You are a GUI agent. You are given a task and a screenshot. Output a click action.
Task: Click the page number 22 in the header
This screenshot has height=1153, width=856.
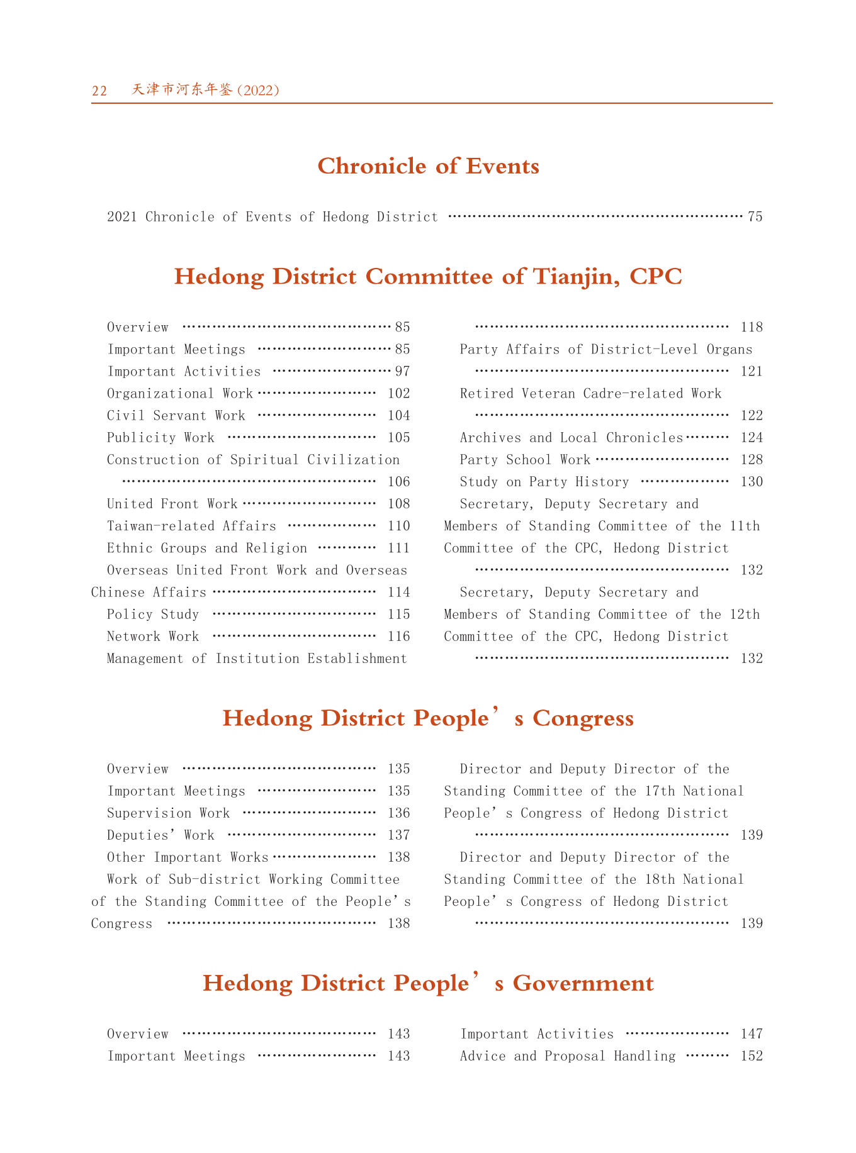pos(99,91)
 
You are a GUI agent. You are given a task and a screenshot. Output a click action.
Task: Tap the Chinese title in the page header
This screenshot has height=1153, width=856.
pos(205,90)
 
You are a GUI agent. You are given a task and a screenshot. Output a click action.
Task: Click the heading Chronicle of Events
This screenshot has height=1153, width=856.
pos(428,166)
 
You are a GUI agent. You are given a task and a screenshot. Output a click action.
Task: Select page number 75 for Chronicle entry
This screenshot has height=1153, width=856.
pos(755,217)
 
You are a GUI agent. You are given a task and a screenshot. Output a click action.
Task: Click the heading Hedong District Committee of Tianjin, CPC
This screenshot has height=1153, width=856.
pos(428,277)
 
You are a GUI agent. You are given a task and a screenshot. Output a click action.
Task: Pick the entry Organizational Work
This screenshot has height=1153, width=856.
pos(179,394)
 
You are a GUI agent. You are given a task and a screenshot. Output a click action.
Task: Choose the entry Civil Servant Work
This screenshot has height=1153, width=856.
pos(176,416)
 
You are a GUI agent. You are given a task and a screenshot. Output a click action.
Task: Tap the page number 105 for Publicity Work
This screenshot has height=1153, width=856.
pos(398,438)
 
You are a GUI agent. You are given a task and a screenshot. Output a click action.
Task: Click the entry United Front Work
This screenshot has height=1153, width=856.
pos(172,504)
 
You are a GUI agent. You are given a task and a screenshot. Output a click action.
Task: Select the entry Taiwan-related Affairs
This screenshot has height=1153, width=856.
pos(191,526)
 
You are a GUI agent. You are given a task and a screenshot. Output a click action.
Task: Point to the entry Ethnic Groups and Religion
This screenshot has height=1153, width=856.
pos(207,548)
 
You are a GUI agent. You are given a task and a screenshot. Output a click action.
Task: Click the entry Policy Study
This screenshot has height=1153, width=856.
pos(153,615)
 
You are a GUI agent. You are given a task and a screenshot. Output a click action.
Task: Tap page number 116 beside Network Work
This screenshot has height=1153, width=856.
pos(398,637)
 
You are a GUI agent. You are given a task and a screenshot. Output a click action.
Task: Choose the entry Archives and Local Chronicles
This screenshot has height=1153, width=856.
pos(571,438)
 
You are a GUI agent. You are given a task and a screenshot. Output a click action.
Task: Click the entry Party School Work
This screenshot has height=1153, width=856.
pos(525,460)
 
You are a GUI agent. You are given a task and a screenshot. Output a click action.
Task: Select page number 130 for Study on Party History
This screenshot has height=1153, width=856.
pos(752,482)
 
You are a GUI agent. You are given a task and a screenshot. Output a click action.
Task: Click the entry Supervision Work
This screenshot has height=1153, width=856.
pos(169,813)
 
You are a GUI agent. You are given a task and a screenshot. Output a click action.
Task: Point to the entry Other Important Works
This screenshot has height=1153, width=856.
pos(188,857)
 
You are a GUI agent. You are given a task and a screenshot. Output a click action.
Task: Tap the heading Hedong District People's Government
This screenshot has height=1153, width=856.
pos(428,983)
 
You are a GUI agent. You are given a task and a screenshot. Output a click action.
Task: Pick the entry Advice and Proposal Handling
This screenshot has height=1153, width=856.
pos(568,1056)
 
